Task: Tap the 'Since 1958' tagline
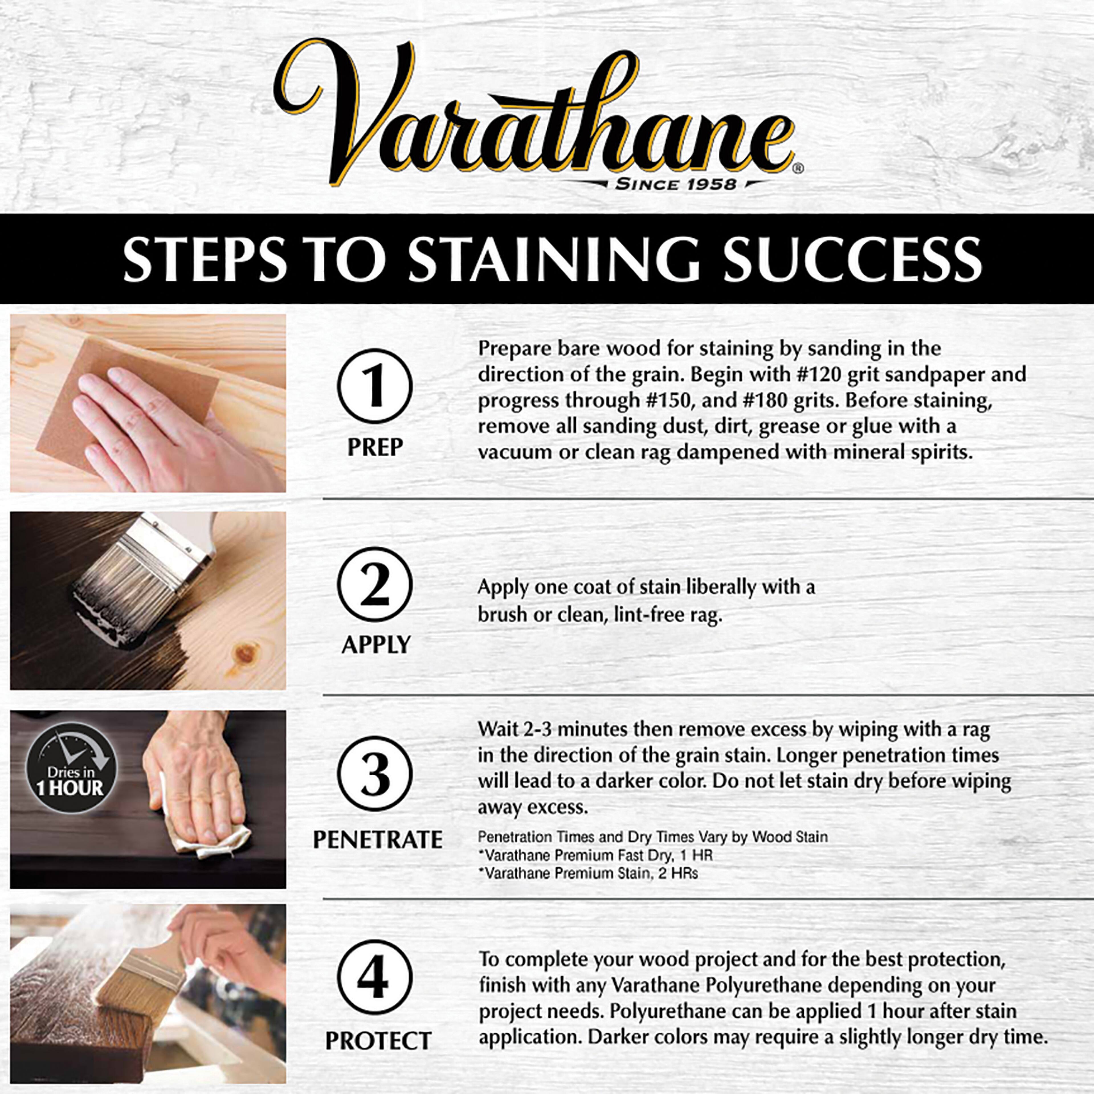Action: click(675, 184)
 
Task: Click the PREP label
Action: click(375, 447)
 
